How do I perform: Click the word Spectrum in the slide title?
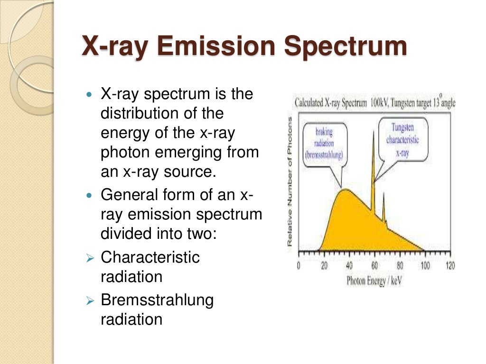coord(345,47)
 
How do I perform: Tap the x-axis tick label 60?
coord(374,266)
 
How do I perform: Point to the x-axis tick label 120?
coord(449,266)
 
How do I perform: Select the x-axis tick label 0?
coord(299,266)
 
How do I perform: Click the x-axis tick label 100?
coord(425,266)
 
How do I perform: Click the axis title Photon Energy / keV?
coord(374,281)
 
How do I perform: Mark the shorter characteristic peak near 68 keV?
coord(383,194)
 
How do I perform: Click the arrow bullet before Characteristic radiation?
coord(91,258)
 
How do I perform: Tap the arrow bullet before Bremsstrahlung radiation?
coord(91,300)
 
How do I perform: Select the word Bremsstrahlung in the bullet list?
coord(157,300)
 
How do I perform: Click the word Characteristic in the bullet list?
coord(150,257)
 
